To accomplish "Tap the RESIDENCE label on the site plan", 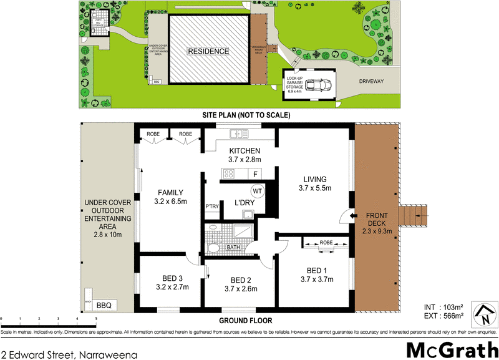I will pyautogui.click(x=209, y=51).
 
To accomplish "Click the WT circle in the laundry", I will pyautogui.click(x=256, y=191).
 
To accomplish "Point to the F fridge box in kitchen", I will pyautogui.click(x=256, y=173).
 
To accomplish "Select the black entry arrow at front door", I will pyautogui.click(x=354, y=216).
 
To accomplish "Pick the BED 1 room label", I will pyautogui.click(x=317, y=270).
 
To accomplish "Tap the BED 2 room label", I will pyautogui.click(x=240, y=280).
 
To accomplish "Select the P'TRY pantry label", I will pyautogui.click(x=211, y=207).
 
